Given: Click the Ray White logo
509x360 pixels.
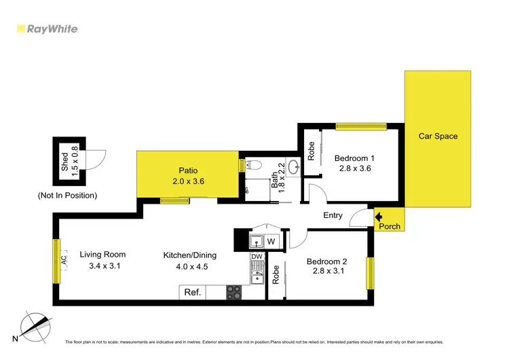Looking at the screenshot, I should pyautogui.click(x=48, y=29).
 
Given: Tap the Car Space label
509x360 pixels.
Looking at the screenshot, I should pyautogui.click(x=438, y=137).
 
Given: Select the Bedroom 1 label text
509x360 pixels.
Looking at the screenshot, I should pyautogui.click(x=354, y=158).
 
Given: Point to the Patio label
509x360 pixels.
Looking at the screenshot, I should pyautogui.click(x=188, y=170).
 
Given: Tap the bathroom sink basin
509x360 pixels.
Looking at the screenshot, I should pyautogui.click(x=293, y=166).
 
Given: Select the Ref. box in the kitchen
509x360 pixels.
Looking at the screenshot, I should pyautogui.click(x=193, y=293).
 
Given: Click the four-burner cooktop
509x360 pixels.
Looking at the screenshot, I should pyautogui.click(x=233, y=292).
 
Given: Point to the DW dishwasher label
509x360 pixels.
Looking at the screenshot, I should pyautogui.click(x=256, y=257).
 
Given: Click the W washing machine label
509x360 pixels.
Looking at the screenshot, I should pyautogui.click(x=270, y=240).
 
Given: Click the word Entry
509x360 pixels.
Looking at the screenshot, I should pyautogui.click(x=333, y=216).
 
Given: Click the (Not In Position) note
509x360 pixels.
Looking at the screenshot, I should pyautogui.click(x=68, y=196).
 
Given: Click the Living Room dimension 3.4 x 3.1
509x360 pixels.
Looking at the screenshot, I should pyautogui.click(x=104, y=266).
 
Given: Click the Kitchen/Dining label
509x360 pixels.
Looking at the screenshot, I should pyautogui.click(x=189, y=255).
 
